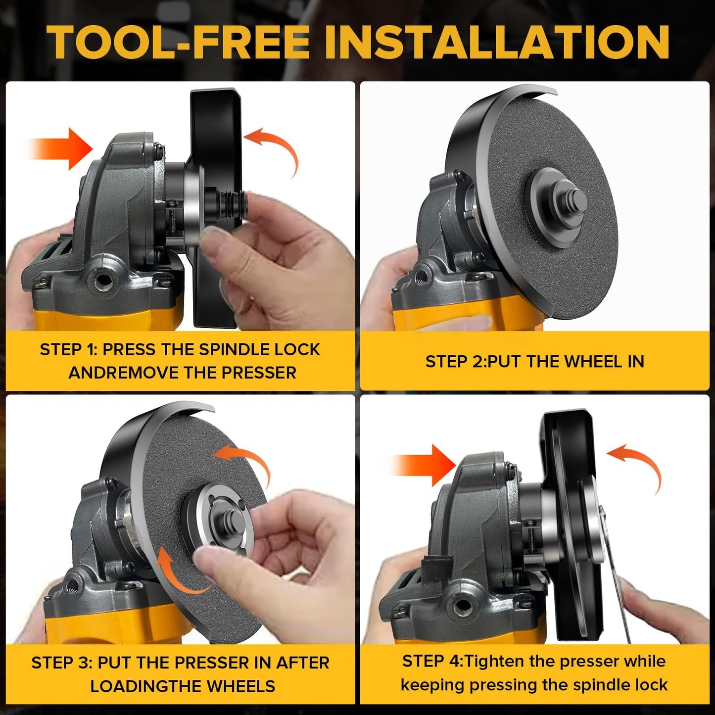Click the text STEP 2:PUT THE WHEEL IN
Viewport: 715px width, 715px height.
[534, 362]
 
